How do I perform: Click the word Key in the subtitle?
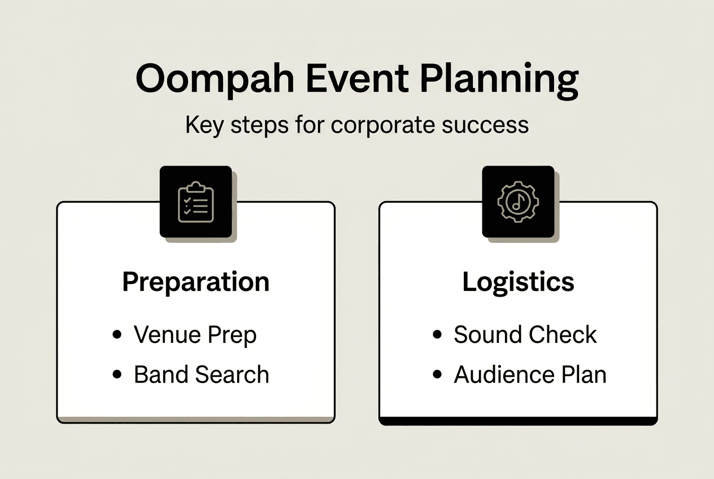[x=204, y=124]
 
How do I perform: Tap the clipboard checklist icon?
[x=196, y=202]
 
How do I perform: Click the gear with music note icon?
[x=518, y=202]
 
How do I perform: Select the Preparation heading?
[x=196, y=282]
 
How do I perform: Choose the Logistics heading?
[x=518, y=282]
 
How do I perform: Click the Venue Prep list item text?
[x=195, y=335]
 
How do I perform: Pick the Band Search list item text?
[x=201, y=375]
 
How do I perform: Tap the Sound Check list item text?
[x=525, y=335]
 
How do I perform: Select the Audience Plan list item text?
[x=530, y=375]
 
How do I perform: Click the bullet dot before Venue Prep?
[x=117, y=335]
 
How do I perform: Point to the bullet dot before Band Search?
[x=117, y=375]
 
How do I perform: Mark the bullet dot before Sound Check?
[x=437, y=335]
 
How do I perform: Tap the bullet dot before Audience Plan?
[x=437, y=375]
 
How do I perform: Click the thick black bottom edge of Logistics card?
[x=518, y=421]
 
